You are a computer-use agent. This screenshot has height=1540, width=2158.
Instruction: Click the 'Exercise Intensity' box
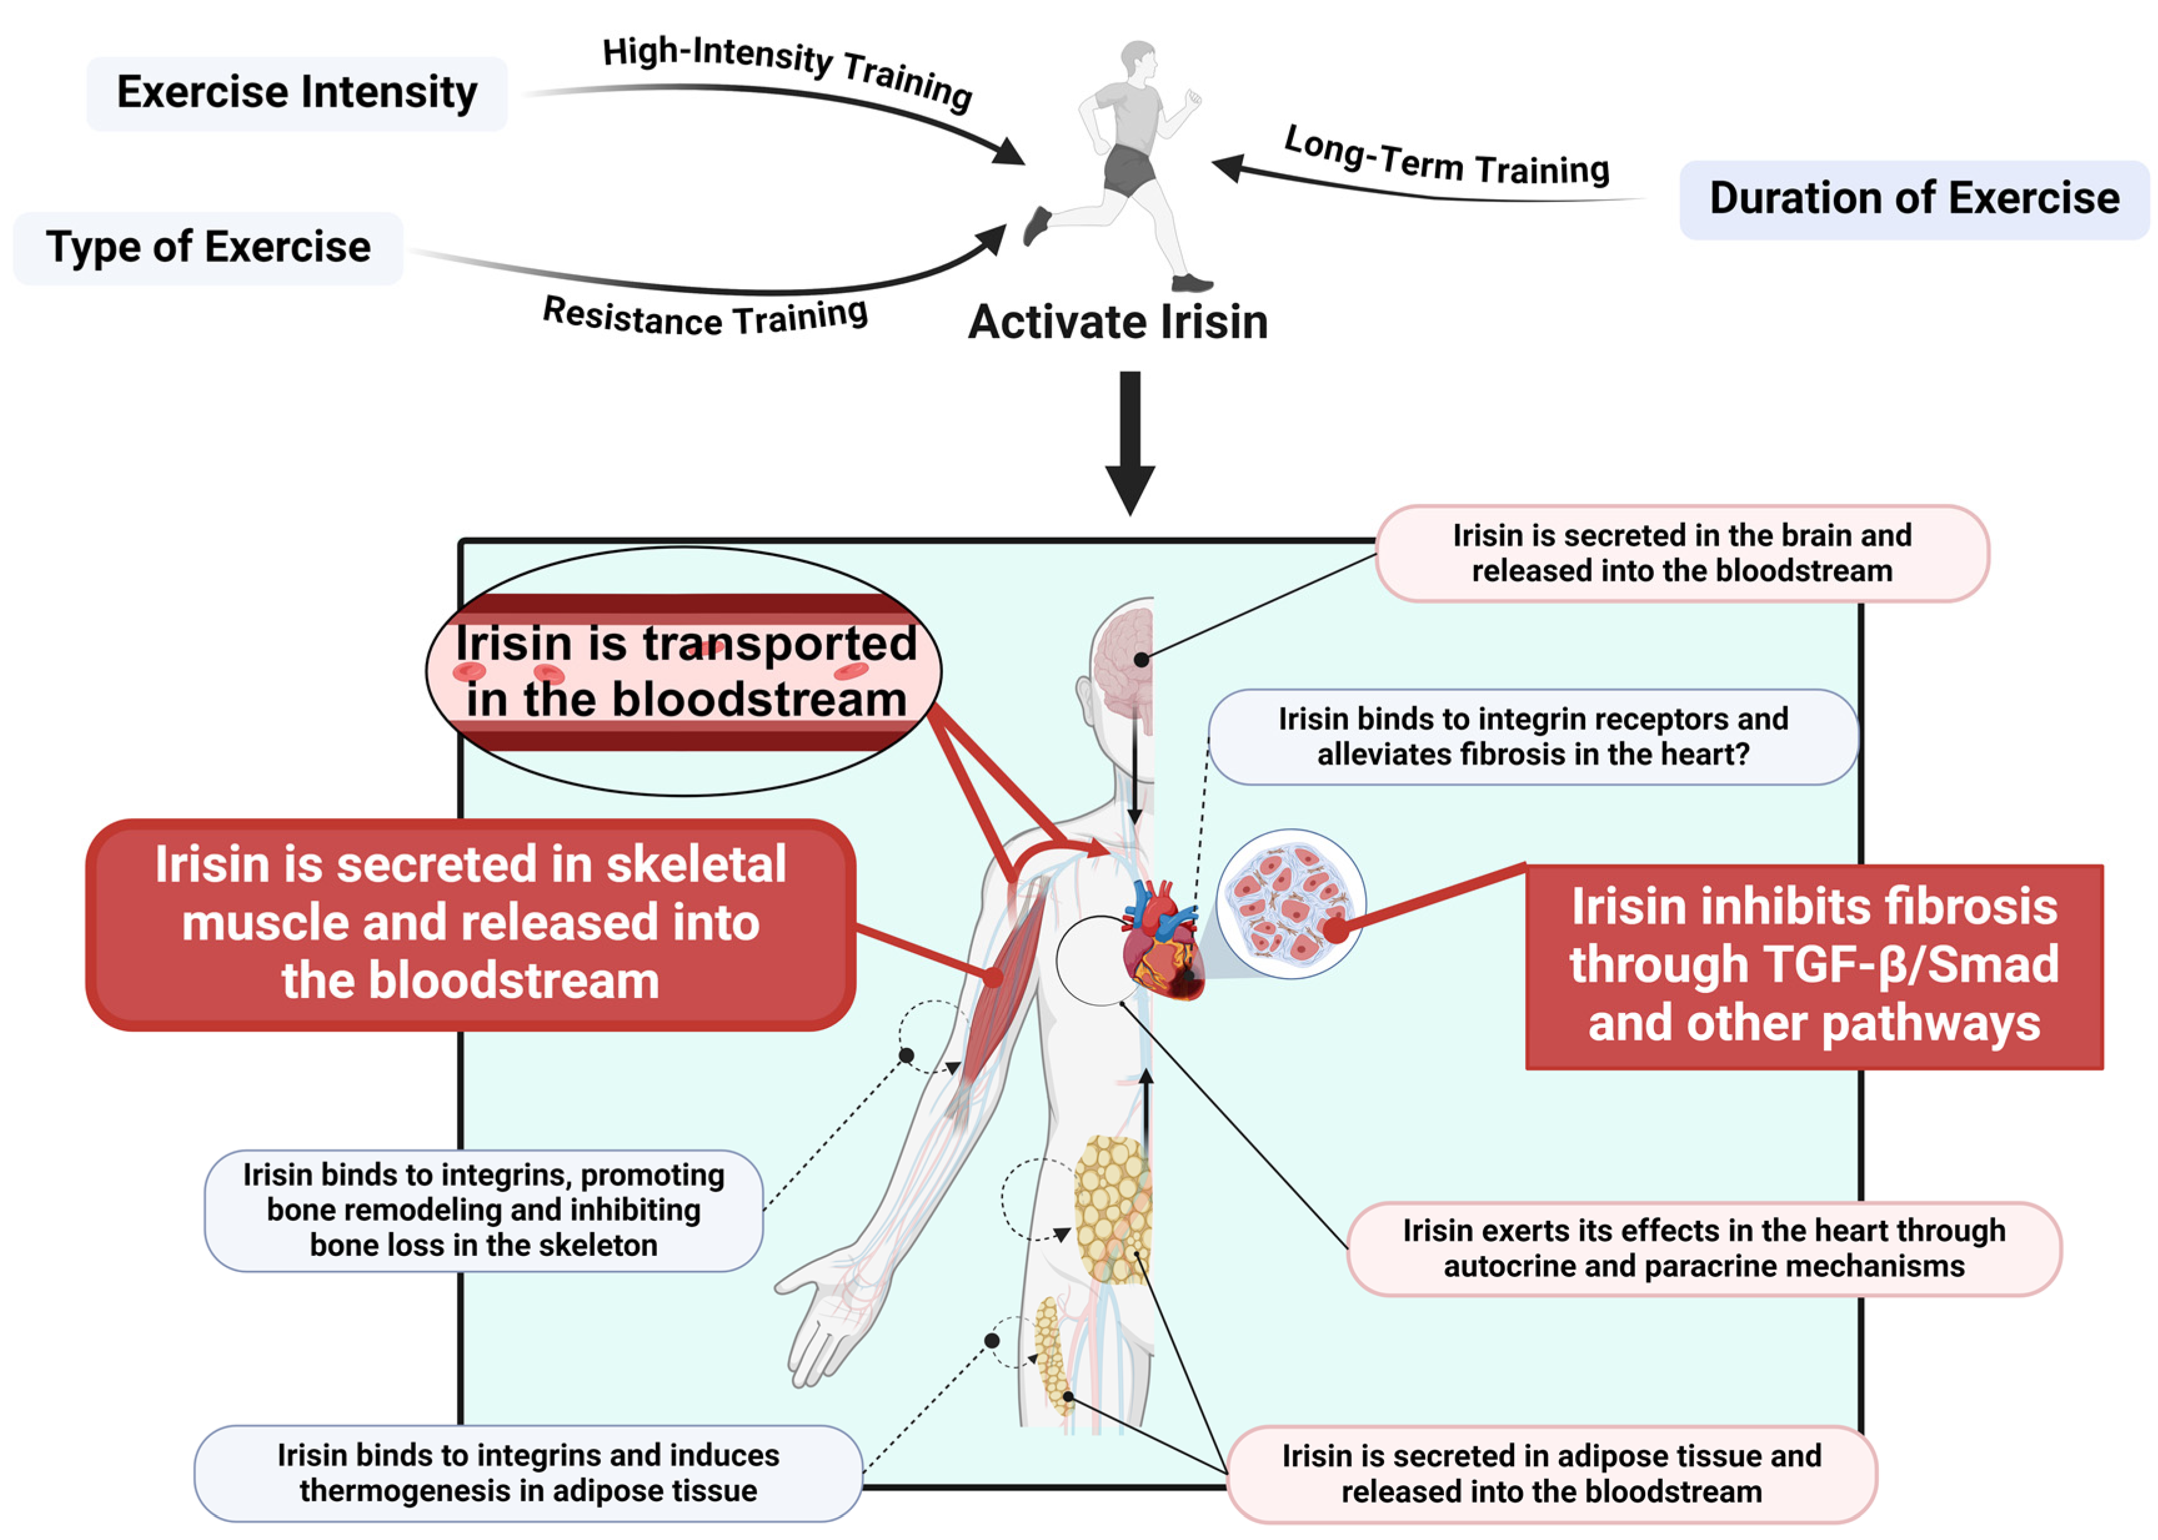(297, 93)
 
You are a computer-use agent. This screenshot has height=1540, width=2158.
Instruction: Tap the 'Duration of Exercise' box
(1914, 199)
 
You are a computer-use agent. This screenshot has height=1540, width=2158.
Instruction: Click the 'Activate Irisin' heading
(1118, 322)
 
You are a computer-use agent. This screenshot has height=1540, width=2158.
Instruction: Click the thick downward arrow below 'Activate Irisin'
(1130, 443)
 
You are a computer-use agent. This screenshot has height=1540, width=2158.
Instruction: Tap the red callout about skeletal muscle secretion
(471, 924)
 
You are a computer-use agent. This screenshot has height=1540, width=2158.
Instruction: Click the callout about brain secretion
(1682, 554)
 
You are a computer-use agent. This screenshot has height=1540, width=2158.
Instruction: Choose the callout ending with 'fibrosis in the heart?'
(1533, 737)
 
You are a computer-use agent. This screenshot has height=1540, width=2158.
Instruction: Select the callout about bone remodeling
(483, 1210)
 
